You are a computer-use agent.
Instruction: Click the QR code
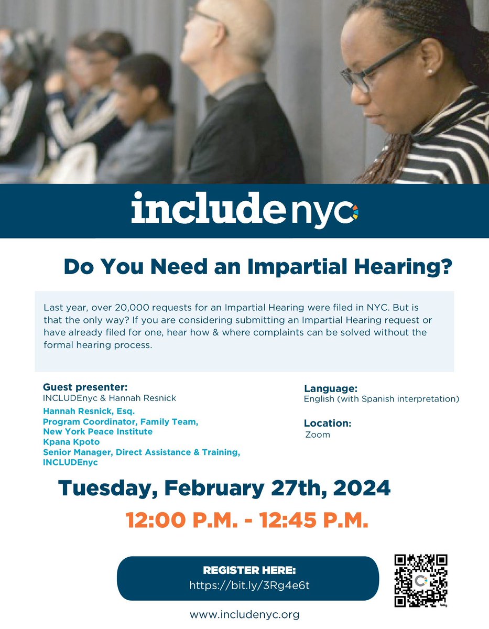pyautogui.click(x=420, y=580)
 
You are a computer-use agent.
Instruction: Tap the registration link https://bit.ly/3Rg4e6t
pyautogui.click(x=249, y=585)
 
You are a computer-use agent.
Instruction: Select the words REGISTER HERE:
pyautogui.click(x=249, y=570)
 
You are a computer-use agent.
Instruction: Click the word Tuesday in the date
pyautogui.click(x=104, y=489)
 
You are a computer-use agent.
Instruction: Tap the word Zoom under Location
pyautogui.click(x=318, y=435)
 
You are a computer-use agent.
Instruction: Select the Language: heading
pyautogui.click(x=331, y=388)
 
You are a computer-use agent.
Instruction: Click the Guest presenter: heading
pyautogui.click(x=85, y=388)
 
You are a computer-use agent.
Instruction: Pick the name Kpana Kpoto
pyautogui.click(x=71, y=442)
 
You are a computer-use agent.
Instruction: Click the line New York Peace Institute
pyautogui.click(x=98, y=431)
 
